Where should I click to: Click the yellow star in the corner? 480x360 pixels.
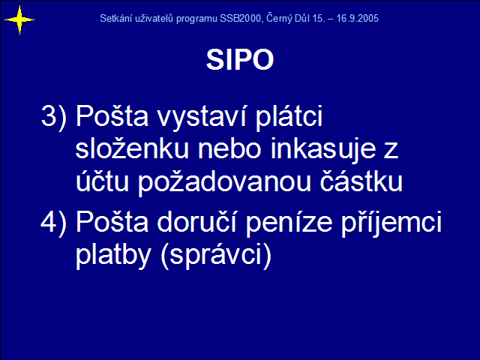(x=19, y=20)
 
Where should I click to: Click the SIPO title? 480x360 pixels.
(x=240, y=60)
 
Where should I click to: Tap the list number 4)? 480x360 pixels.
(x=53, y=223)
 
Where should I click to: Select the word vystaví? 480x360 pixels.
(x=202, y=118)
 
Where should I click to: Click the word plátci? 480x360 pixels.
(x=289, y=118)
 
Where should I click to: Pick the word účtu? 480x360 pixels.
(x=102, y=181)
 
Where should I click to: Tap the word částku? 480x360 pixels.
(x=361, y=181)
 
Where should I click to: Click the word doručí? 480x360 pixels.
(x=196, y=222)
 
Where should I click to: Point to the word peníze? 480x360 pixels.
(x=289, y=223)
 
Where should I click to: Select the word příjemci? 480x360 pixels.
(x=391, y=223)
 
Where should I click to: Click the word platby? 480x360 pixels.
(x=113, y=256)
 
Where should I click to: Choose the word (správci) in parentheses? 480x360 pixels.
(x=216, y=256)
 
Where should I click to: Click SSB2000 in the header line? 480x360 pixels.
(x=240, y=18)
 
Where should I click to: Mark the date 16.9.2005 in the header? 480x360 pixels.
(x=357, y=18)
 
